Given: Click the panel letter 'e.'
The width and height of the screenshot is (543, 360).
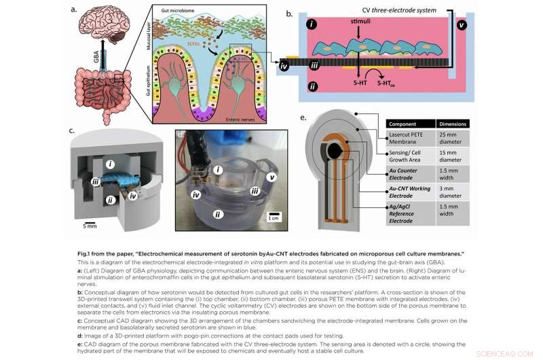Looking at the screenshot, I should [303, 118].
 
